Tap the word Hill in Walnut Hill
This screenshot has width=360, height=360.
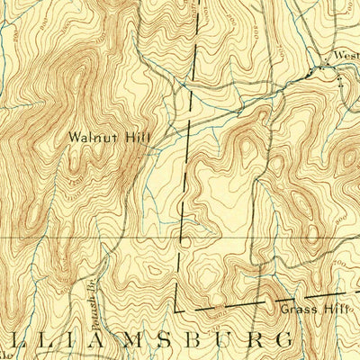pos(138,139)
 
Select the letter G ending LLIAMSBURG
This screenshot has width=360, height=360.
pos(283,340)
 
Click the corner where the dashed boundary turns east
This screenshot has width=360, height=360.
pos(175,310)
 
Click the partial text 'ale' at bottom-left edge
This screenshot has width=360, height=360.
pos(5,346)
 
